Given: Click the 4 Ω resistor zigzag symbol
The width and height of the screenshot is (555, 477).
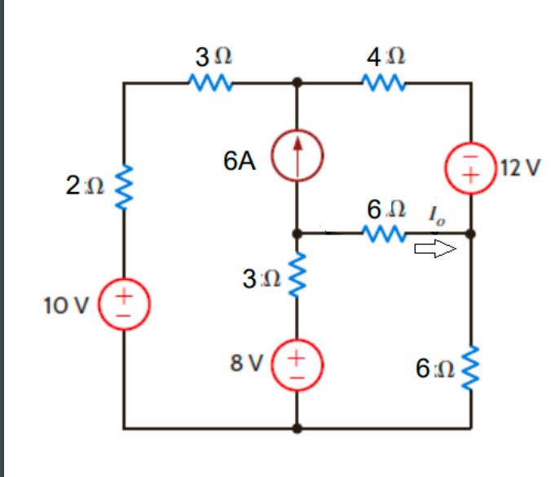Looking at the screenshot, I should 381,82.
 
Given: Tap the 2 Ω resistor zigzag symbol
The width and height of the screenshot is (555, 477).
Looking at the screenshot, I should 125,188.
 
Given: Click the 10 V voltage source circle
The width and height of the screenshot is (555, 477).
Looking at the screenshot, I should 125,300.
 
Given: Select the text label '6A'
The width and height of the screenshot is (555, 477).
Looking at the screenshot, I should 238,161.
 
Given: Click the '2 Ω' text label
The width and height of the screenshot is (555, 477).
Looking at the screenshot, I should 84,186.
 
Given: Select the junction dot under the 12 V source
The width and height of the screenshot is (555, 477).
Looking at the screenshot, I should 472,234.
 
